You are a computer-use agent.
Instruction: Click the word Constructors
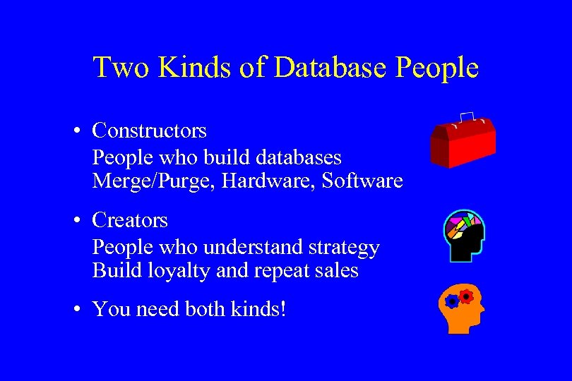150,131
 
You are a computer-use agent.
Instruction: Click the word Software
362,181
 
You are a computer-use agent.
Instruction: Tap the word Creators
130,220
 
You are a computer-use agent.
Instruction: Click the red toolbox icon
463,141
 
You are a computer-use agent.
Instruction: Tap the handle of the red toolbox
467,118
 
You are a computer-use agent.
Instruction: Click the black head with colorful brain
463,235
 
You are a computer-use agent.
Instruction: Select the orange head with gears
463,308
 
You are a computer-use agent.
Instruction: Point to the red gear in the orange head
465,296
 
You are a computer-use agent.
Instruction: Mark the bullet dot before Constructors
82,131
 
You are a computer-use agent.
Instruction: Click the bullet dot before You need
82,310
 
